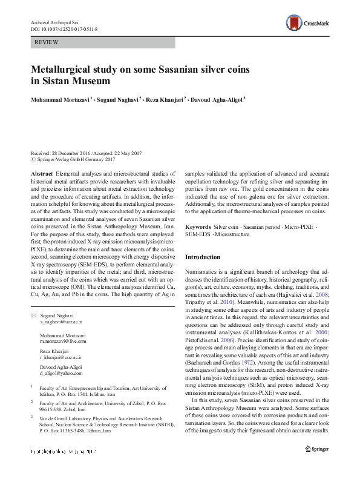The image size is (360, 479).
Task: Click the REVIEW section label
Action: (x=47, y=42)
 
